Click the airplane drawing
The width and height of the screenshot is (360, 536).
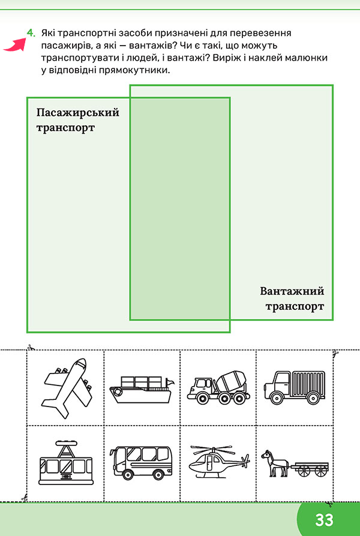click(x=67, y=387)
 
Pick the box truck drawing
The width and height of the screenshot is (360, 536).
click(x=294, y=387)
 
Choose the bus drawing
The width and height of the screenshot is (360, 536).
click(x=142, y=462)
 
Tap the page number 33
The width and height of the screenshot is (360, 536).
click(x=324, y=520)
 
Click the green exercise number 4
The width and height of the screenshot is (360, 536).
click(x=31, y=33)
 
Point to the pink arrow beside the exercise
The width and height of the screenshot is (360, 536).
click(x=16, y=45)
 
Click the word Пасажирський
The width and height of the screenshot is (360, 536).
click(x=77, y=113)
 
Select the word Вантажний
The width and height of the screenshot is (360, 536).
click(x=292, y=291)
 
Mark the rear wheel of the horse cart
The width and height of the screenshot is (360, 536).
click(x=320, y=471)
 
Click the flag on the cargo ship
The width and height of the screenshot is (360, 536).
click(x=170, y=381)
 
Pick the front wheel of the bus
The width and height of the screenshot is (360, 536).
click(x=128, y=474)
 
